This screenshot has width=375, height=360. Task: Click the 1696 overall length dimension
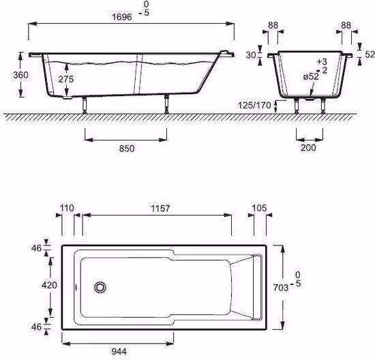tap(122, 17)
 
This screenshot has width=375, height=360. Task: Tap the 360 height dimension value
tap(20, 75)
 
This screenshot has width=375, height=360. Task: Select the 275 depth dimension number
tap(66, 79)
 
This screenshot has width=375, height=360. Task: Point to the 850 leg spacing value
tap(127, 149)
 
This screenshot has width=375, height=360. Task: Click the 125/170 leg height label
tap(254, 105)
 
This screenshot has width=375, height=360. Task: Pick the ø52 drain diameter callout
tap(311, 77)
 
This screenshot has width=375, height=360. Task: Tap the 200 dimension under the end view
tap(308, 147)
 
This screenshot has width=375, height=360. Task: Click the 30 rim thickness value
tap(251, 55)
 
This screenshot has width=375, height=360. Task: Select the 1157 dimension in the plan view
tap(160, 209)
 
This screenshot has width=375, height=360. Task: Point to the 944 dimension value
tap(119, 351)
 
